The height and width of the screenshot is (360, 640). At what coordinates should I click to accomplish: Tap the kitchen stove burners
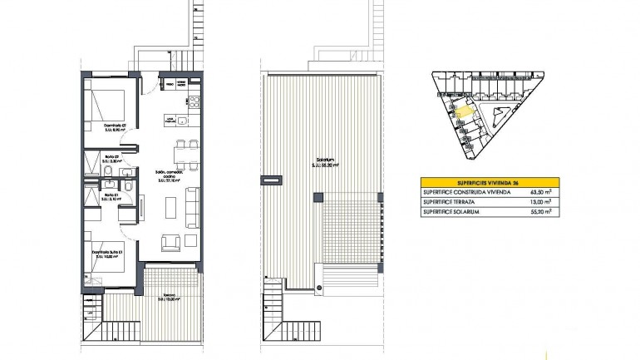tap(195, 102)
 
